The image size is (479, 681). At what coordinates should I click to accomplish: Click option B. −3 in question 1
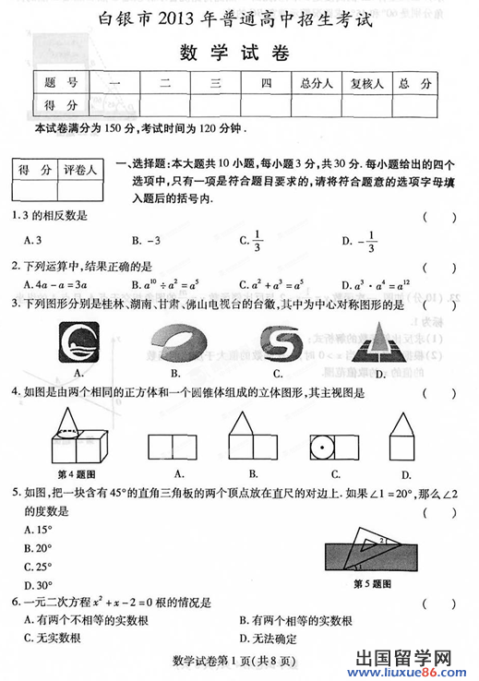(147, 241)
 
